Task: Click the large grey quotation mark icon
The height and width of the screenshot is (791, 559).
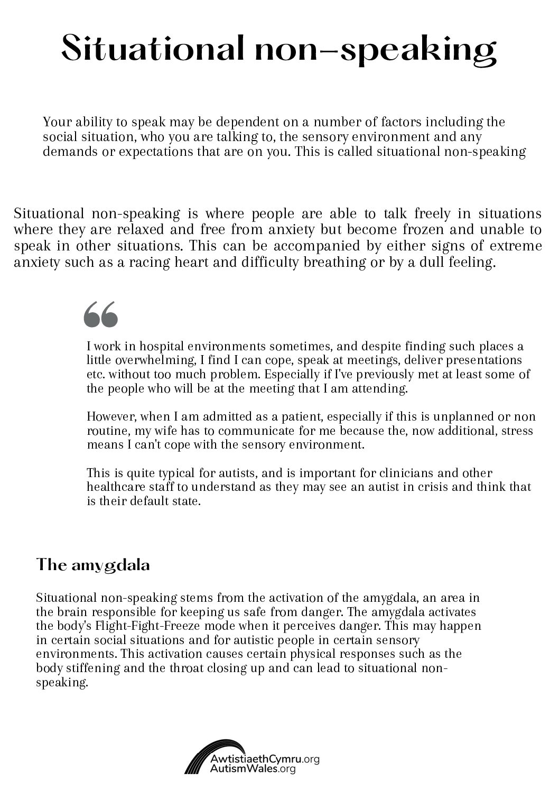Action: pos(100,314)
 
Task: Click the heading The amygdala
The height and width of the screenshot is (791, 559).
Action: pos(93,565)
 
